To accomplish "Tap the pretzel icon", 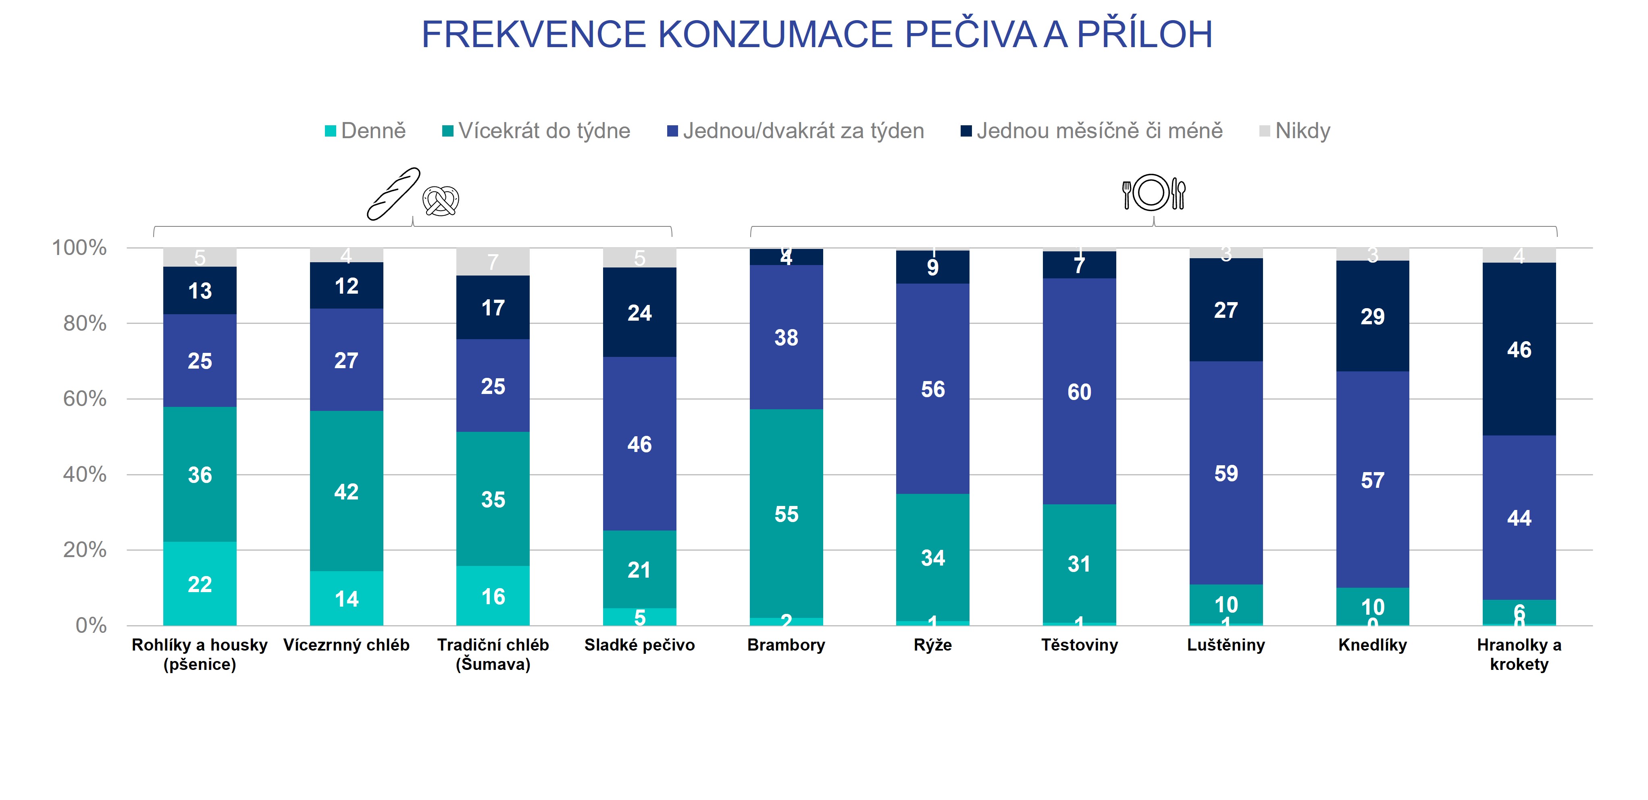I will (441, 201).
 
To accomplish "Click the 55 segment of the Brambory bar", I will (786, 514).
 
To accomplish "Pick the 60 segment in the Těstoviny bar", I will (1079, 392).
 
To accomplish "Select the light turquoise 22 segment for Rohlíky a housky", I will (200, 584).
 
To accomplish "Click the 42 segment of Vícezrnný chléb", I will (346, 491).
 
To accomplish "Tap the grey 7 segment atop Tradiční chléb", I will (493, 261).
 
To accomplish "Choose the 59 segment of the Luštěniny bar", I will (1226, 473).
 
